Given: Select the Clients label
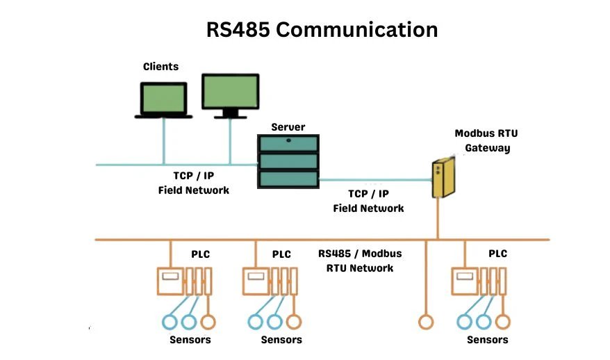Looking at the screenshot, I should pos(160,67).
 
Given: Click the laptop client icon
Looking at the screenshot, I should pos(163,99).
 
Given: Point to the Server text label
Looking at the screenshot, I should pos(288,127).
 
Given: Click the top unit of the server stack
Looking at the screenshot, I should pos(288,145).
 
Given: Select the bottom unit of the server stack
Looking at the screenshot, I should pos(288,179).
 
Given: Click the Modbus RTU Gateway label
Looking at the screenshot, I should pos(482,140).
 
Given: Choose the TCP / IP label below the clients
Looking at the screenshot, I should pos(193,177).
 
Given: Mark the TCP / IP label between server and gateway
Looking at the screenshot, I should pos(368,195).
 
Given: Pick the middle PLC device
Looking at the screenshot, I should pos(270,282).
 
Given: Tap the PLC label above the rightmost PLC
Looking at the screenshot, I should pos(497,254).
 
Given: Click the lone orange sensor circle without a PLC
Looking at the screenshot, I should pos(425,322).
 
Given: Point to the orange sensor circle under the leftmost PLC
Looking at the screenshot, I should pos(207,322).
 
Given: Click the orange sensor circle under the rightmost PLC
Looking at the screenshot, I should pos(502,322).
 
